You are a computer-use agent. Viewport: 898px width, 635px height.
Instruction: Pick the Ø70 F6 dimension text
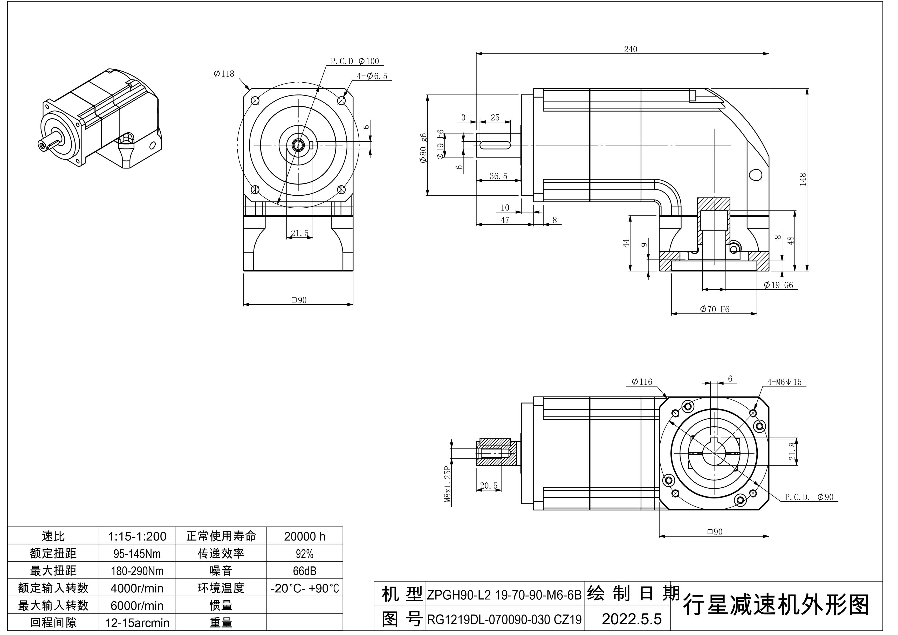pos(715,310)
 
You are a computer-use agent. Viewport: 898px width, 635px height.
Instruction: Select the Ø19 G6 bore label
pos(778,285)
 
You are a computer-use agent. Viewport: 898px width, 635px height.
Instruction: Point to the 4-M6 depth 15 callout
pos(784,382)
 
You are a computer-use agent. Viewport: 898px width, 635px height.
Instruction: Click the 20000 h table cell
pos(304,536)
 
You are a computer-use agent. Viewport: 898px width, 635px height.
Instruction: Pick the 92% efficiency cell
pos(304,554)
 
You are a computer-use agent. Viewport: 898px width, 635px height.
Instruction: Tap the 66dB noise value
pos(304,571)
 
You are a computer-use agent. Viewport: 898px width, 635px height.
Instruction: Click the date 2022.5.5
pos(631,619)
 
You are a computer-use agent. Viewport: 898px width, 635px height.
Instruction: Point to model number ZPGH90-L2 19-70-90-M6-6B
pos(504,595)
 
